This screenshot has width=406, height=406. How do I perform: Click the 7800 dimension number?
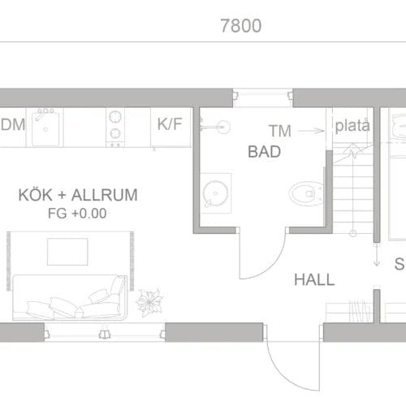[x=240, y=26]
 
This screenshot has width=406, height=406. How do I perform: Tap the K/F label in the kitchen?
[x=170, y=125]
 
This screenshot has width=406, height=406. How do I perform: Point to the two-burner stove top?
[x=115, y=125]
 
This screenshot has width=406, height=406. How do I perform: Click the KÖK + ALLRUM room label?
[x=78, y=196]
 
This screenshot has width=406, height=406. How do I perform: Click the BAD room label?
[x=264, y=151]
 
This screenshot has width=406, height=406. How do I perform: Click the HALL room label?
[x=314, y=279]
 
